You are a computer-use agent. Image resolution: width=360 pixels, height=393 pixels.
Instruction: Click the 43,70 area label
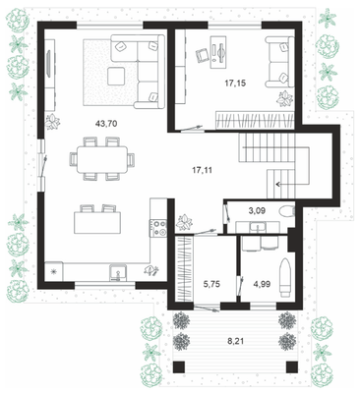(106, 124)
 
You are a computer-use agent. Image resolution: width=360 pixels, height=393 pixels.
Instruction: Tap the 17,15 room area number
(235, 84)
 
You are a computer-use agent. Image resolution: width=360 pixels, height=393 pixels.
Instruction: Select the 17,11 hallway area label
(202, 170)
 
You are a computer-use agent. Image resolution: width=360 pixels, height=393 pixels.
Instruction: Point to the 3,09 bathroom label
(257, 210)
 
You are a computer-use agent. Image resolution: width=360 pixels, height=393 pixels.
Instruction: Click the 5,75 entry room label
(211, 284)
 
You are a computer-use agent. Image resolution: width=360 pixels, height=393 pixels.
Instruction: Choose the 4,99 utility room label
(262, 284)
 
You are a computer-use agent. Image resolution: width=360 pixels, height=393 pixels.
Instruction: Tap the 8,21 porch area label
(236, 341)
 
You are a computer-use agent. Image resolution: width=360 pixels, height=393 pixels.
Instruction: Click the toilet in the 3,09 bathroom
(287, 211)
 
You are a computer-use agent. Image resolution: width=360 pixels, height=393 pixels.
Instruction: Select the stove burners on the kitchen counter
(158, 228)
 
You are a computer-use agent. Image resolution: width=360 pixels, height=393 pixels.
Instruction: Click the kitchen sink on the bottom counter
(118, 273)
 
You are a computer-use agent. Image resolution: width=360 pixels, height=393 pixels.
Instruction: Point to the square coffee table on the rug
(116, 76)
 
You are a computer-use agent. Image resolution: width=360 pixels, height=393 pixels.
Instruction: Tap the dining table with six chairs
(102, 159)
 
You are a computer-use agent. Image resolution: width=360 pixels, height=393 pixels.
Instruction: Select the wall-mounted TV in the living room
(49, 64)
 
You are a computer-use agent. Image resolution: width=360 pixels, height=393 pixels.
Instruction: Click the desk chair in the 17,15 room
(203, 55)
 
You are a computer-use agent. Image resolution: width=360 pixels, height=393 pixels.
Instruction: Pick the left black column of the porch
(179, 367)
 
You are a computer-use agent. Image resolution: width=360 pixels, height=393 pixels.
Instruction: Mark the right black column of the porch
(292, 367)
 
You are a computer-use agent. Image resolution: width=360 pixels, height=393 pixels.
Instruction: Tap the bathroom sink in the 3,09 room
(258, 227)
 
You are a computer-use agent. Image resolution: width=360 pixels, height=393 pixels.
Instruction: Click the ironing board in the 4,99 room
(285, 277)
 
